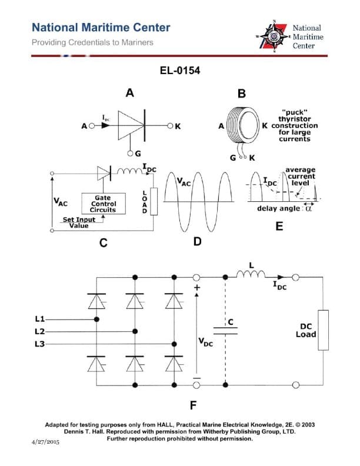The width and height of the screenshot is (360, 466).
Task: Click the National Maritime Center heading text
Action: (101, 28)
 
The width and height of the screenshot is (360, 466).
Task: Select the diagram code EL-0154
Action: (179, 71)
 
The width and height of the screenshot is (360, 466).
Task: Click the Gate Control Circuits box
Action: (103, 204)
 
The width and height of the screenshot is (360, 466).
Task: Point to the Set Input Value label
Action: (79, 222)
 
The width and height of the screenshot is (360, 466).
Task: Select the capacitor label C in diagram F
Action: (231, 322)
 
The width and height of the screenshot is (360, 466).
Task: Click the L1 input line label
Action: (41, 319)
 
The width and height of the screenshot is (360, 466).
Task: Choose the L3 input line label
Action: (41, 344)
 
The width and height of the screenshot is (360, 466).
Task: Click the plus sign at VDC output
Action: (197, 287)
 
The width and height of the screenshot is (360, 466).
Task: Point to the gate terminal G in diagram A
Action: (137, 154)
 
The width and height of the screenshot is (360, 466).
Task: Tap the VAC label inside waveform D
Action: (184, 183)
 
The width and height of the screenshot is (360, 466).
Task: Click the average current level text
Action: (300, 176)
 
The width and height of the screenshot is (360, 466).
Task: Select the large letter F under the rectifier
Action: (193, 405)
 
